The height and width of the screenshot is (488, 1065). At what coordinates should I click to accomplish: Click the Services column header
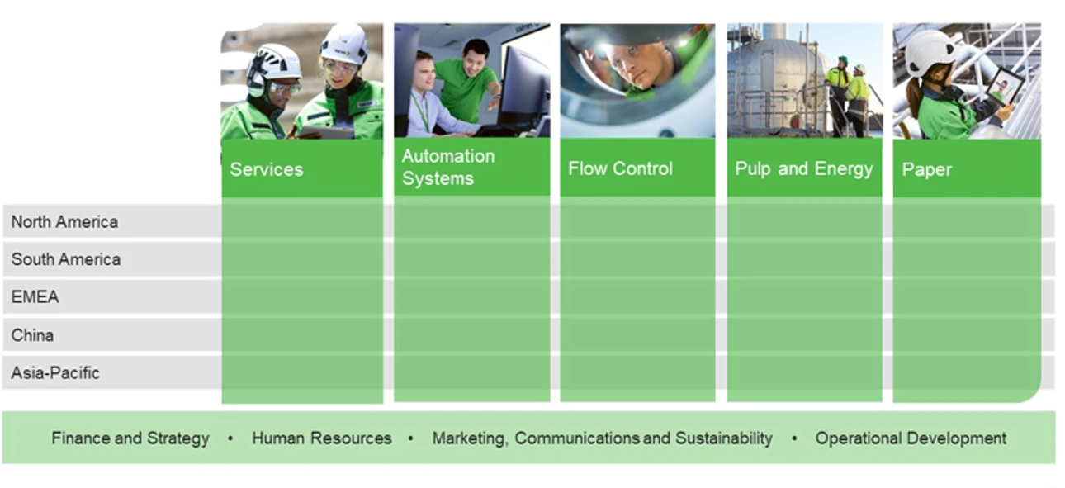point(266,169)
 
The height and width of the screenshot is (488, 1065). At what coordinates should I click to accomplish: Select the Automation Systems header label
point(447,167)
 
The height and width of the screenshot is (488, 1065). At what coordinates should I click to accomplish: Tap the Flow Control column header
point(620,168)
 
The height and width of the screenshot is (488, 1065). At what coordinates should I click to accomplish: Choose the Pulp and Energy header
point(804,168)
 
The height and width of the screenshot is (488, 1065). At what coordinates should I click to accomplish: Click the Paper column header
point(926,170)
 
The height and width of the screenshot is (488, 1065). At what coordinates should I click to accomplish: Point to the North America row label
point(64,221)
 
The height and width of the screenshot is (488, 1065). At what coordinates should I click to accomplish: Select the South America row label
point(66,259)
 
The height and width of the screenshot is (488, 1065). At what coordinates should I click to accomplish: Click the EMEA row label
point(35,296)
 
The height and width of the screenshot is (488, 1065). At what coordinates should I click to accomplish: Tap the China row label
point(32,335)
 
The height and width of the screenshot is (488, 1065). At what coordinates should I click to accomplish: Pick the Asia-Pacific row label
point(55,373)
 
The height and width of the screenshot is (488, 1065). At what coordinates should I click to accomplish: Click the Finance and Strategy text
point(130,438)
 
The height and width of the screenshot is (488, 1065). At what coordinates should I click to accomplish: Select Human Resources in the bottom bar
point(322,438)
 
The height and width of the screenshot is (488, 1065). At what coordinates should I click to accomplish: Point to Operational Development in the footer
point(911,438)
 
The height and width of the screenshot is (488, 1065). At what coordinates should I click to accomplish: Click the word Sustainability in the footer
point(724,438)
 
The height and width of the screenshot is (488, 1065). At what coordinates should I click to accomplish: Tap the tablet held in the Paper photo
point(1005,87)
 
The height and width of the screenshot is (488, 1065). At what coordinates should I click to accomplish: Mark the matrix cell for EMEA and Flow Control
point(637,296)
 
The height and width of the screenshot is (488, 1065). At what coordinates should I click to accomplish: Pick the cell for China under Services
point(302,335)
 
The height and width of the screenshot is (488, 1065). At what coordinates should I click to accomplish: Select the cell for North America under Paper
point(967,221)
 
